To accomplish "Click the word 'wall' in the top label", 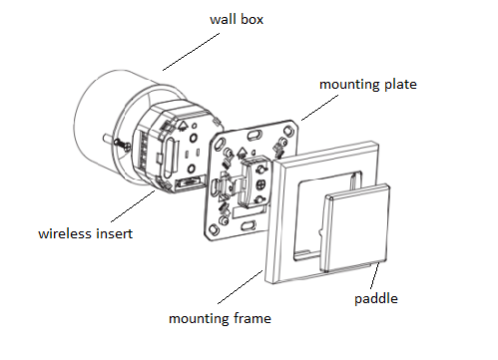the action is [223, 19].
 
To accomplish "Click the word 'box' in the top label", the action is [252, 19].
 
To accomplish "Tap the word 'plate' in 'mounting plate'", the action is [400, 85].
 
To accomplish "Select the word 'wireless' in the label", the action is [63, 233].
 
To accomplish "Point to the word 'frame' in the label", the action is [252, 318].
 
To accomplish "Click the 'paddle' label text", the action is [376, 298].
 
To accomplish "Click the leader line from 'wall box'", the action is [191, 52].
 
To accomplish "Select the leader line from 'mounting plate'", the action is [319, 108].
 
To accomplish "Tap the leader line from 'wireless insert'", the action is [133, 206].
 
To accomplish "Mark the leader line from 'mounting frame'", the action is [241, 287].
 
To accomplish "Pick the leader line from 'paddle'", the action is [374, 275].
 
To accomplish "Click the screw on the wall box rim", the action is [122, 145].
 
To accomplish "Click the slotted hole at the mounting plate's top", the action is [254, 136].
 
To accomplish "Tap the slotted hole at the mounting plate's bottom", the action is [249, 225].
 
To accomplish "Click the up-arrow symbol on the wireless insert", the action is [183, 126].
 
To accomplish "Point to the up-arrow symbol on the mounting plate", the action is [242, 153].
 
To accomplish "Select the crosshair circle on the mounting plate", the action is [260, 183].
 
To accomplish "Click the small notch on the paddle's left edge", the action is [321, 232].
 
